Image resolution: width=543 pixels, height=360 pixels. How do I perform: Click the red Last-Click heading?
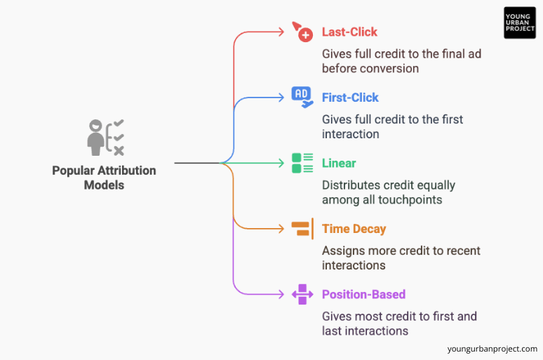point(349,32)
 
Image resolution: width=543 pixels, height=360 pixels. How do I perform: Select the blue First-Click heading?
point(350,98)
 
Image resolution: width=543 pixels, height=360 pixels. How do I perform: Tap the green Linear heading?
point(339,163)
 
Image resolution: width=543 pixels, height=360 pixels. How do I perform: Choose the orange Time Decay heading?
point(354,229)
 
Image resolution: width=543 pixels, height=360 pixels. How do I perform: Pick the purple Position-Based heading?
point(363,294)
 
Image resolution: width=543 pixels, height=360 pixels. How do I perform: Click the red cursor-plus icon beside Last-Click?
point(302,32)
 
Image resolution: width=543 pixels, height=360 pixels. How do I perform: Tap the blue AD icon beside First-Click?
point(302,98)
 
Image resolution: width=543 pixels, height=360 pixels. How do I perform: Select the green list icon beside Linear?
point(302,163)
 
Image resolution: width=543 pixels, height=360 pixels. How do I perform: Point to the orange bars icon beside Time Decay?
point(302,229)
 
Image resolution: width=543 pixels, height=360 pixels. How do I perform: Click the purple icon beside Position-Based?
point(302,294)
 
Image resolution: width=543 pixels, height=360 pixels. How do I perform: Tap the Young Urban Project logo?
point(519,22)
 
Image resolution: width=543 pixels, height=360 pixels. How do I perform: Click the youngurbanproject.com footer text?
point(492,349)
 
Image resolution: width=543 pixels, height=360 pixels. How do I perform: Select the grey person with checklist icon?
point(106,138)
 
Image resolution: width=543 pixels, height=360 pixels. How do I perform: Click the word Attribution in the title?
point(127,171)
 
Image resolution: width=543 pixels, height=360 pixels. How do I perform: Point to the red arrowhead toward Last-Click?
point(281,32)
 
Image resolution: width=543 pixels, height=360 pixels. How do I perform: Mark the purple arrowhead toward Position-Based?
point(281,294)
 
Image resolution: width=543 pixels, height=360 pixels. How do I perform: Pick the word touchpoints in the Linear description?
point(410,200)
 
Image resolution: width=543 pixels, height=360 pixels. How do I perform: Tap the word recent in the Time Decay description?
point(462,251)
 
